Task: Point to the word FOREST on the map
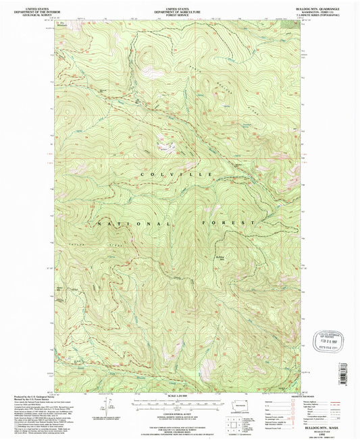228,222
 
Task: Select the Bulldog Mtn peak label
220,258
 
